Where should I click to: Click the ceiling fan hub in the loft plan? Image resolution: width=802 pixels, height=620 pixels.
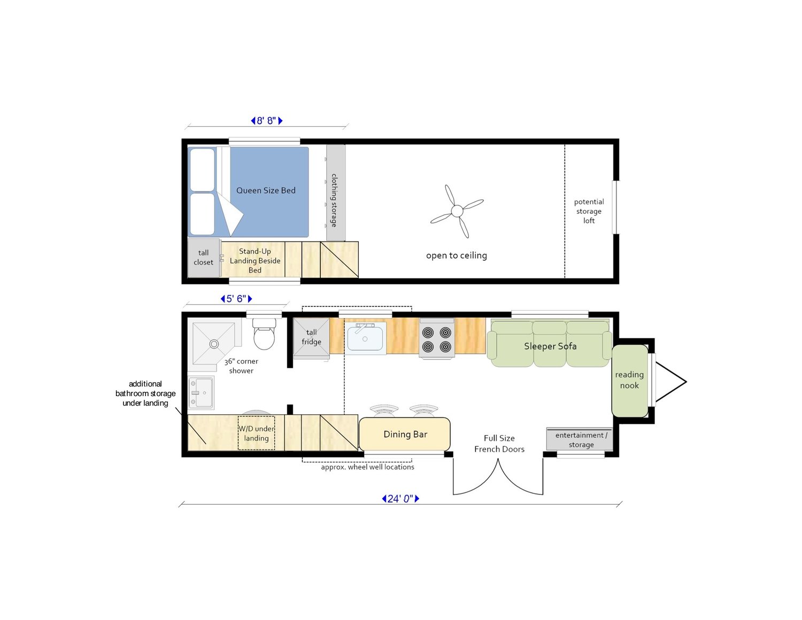[x=457, y=211]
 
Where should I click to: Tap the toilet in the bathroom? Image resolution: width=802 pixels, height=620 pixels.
[x=264, y=334]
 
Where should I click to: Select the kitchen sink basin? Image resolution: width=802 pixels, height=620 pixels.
[x=365, y=338]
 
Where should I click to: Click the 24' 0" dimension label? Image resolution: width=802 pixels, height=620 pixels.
[x=400, y=499]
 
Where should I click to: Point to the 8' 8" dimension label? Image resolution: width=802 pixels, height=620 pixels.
[x=266, y=121]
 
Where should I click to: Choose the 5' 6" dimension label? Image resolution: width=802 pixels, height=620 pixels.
[x=236, y=299]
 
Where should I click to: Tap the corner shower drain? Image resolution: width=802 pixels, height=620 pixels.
[x=214, y=344]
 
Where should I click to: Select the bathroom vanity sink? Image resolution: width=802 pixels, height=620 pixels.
[x=200, y=392]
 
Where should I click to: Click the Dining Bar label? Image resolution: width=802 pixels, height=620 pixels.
[x=405, y=434]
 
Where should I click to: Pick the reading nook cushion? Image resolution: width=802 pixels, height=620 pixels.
[x=630, y=381]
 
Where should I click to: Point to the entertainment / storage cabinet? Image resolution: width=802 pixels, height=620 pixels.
[x=579, y=439]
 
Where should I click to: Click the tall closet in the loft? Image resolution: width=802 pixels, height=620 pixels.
[x=204, y=258]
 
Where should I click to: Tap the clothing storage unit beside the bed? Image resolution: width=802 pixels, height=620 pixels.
[x=336, y=192]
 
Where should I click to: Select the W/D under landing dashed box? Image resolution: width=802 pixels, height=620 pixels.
[x=256, y=433]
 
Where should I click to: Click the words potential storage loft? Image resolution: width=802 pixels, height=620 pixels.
[x=589, y=211]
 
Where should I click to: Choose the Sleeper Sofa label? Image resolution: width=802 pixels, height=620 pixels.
[x=550, y=346]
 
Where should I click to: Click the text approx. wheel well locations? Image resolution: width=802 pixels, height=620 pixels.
[x=368, y=467]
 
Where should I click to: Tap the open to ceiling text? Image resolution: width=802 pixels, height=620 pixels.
[x=457, y=255]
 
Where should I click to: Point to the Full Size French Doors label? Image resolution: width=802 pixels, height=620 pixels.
[x=499, y=443]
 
